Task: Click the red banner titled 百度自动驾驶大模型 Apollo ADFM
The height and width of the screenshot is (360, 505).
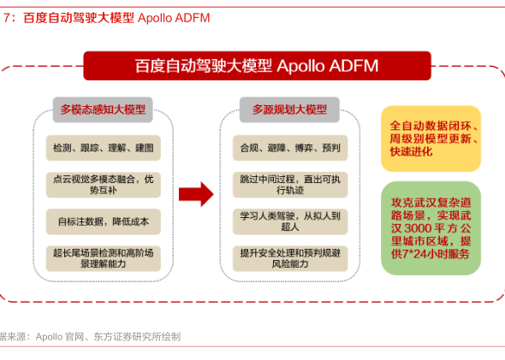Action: tap(257, 66)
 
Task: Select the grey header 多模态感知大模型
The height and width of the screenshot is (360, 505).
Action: tap(103, 109)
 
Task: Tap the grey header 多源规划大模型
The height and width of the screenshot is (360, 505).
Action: tap(289, 109)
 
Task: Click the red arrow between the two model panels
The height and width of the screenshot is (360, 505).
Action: tap(196, 194)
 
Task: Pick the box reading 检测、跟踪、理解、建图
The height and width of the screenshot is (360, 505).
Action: tap(104, 148)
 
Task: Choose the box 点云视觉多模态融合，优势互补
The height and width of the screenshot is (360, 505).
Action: tap(104, 185)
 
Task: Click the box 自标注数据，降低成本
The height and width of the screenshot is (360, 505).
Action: tap(104, 221)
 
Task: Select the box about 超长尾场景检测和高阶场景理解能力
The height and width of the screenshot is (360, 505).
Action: tap(104, 258)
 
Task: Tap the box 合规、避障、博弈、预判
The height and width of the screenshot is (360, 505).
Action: tap(290, 148)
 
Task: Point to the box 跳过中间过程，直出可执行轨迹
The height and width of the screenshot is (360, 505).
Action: tap(290, 185)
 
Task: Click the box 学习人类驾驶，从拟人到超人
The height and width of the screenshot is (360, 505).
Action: tap(290, 221)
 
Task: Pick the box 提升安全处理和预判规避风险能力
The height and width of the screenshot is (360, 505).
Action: tap(290, 258)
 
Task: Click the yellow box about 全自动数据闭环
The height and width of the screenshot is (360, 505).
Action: tap(431, 139)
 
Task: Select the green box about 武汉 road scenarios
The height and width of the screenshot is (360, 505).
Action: tap(431, 228)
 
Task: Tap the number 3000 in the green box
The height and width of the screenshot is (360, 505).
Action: tap(418, 228)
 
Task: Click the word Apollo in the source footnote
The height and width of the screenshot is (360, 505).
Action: tap(49, 337)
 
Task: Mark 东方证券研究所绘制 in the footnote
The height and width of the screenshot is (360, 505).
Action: tap(137, 337)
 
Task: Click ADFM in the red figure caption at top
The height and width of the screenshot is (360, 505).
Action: tap(192, 18)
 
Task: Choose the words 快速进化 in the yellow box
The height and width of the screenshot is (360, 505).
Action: tap(411, 151)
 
